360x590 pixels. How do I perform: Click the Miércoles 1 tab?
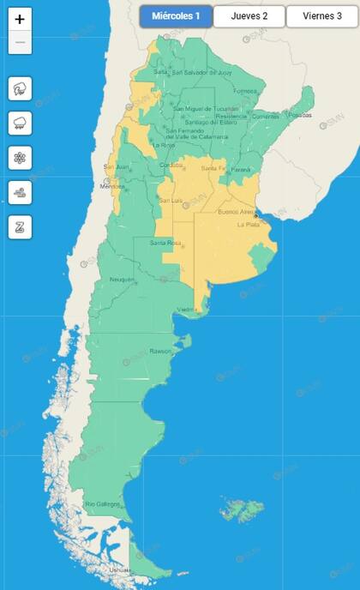[x=176, y=16]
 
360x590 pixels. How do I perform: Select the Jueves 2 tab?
[x=249, y=16]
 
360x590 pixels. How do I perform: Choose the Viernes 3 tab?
[x=321, y=16]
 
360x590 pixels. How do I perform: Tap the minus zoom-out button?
[x=20, y=42]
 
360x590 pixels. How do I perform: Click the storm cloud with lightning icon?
[x=20, y=88]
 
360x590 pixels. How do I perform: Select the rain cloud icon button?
[x=20, y=123]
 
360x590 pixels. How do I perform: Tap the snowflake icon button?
[x=20, y=158]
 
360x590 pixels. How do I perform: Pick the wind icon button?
[x=20, y=192]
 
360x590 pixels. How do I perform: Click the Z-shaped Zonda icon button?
[x=20, y=227]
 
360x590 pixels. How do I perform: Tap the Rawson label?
[x=161, y=351]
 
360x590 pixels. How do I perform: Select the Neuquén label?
[x=122, y=280]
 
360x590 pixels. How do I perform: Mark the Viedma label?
[x=187, y=310]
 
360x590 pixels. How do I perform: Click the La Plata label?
[x=248, y=225]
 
